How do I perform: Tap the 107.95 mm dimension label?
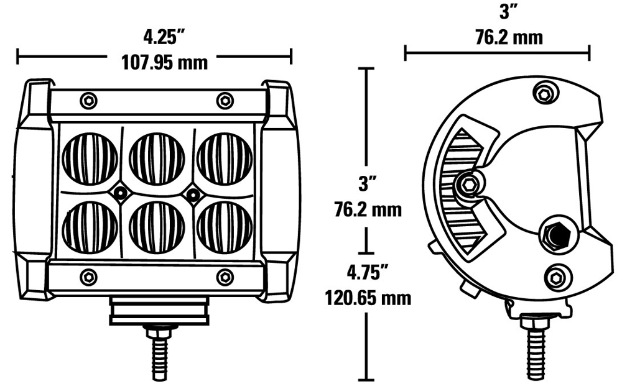(x=164, y=63)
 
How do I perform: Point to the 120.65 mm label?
(x=368, y=298)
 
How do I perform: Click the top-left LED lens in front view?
(x=90, y=158)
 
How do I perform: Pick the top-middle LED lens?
(x=157, y=158)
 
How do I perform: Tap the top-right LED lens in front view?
(x=225, y=158)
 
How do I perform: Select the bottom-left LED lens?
(x=90, y=227)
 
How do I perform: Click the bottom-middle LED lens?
(x=157, y=227)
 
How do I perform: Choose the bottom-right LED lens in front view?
(x=225, y=227)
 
